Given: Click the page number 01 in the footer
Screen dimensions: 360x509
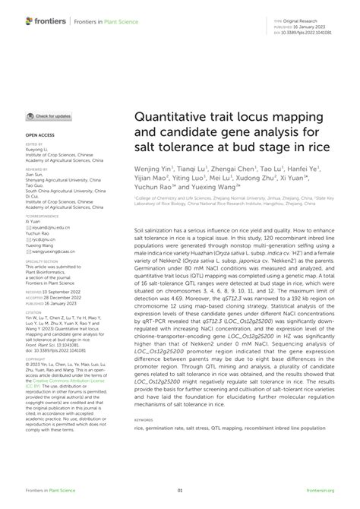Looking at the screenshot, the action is pos(180,491).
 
